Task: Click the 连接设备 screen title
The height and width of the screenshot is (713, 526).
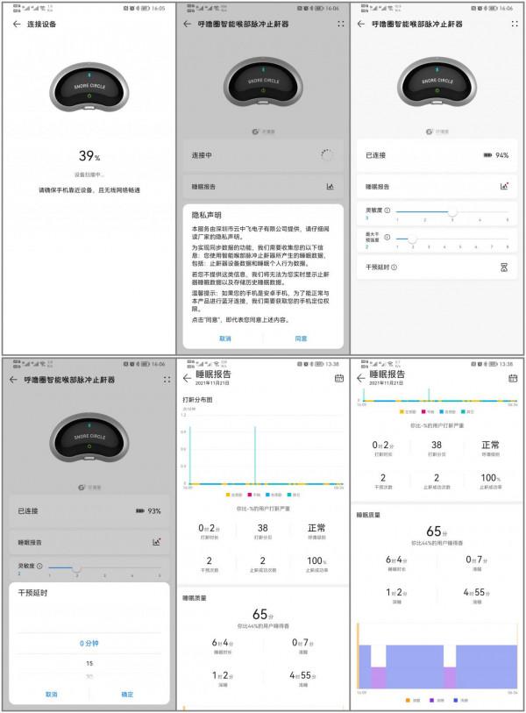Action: click(x=43, y=24)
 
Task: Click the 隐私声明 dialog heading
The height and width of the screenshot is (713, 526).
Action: click(x=207, y=214)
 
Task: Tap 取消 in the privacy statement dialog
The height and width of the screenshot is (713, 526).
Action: click(x=225, y=338)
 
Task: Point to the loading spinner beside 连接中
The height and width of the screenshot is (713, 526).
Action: click(x=327, y=155)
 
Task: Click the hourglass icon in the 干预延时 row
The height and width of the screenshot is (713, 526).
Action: click(x=504, y=267)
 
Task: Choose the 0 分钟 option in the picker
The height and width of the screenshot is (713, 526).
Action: click(x=89, y=643)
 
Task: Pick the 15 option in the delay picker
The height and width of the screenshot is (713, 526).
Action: click(x=89, y=663)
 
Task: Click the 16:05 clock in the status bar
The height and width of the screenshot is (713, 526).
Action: click(x=158, y=7)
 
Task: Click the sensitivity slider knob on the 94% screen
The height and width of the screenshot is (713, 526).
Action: click(x=452, y=211)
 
